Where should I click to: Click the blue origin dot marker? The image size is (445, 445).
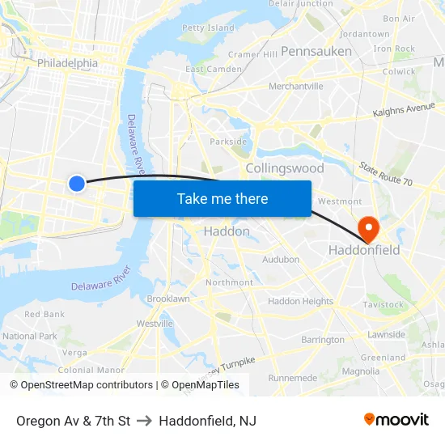[77, 184]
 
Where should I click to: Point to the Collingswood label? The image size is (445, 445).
[284, 168]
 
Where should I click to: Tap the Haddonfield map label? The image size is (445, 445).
[363, 250]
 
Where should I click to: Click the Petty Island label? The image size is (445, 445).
[208, 28]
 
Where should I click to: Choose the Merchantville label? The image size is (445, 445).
[295, 86]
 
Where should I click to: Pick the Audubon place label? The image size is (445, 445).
[281, 260]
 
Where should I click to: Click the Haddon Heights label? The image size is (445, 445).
[300, 301]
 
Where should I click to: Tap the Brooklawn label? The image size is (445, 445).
[168, 299]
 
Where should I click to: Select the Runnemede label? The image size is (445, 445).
[293, 378]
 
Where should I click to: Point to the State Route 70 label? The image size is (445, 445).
[386, 173]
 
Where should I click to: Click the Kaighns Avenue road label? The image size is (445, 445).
[404, 109]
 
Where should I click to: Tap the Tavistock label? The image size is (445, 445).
[383, 305]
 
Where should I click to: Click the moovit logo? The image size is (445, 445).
[396, 420]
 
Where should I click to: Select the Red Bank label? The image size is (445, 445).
[44, 314]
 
